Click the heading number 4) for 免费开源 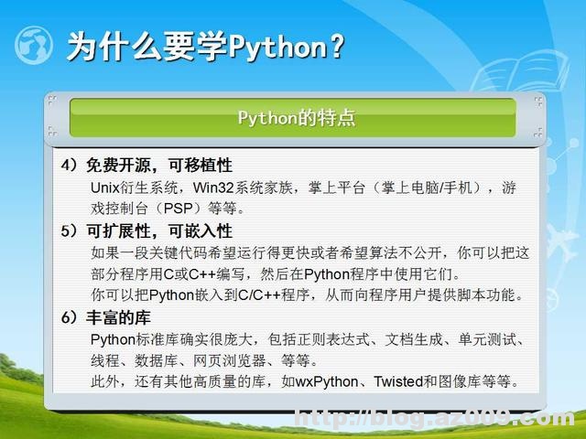click(x=71, y=166)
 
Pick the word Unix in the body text click(x=106, y=187)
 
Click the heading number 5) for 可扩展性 click(x=71, y=231)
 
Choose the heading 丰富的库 click(x=119, y=317)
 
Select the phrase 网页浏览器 click(x=245, y=359)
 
